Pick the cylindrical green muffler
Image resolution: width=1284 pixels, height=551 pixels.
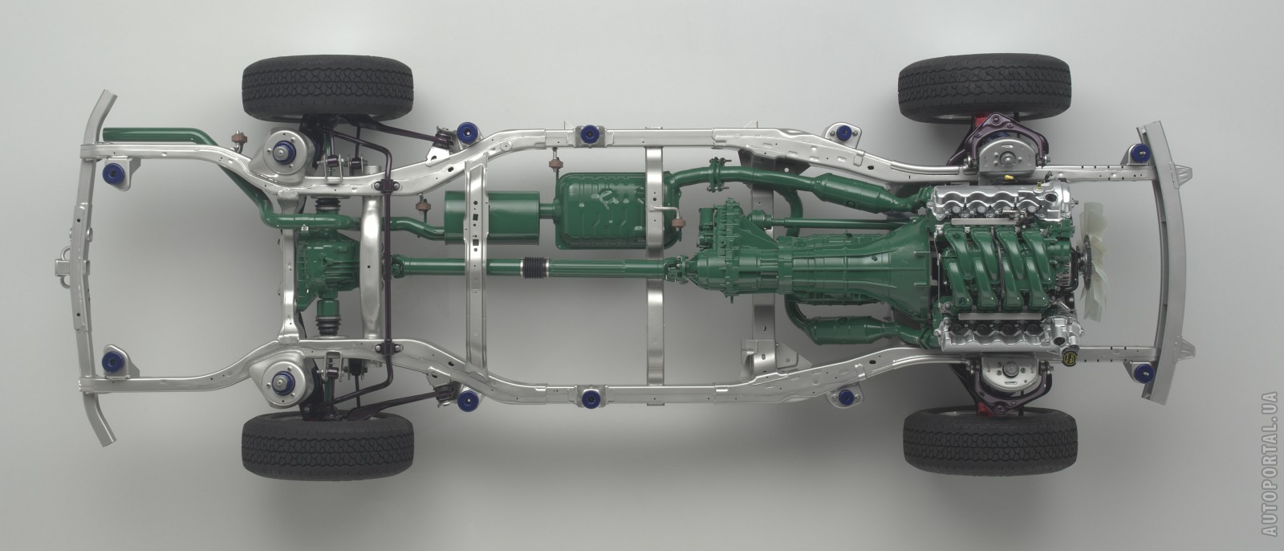click(492, 218)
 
